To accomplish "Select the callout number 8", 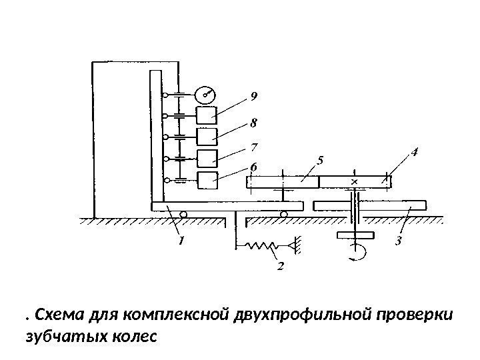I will point(253,123).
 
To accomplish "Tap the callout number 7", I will point(253,145).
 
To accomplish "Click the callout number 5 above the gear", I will point(321,160).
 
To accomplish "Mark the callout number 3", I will point(398,239).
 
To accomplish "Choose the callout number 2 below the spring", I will point(280,267).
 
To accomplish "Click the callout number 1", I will point(180,238).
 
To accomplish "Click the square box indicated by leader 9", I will point(207,115).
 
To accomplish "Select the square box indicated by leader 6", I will point(207,179).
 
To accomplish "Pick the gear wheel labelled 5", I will point(283,181).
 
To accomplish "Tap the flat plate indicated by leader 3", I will point(371,206).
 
